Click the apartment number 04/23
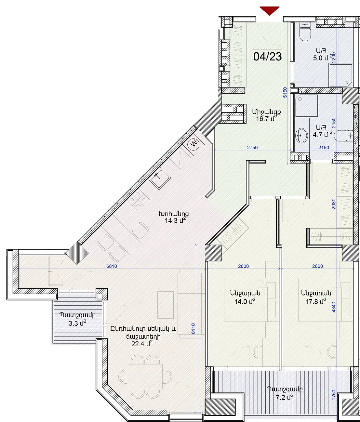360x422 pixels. pyautogui.click(x=268, y=57)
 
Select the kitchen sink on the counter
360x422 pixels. pyautogui.click(x=159, y=178)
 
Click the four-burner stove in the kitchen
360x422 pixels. pyautogui.click(x=138, y=199)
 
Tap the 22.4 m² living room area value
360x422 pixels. pyautogui.click(x=142, y=344)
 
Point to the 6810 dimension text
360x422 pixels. pyautogui.click(x=112, y=266)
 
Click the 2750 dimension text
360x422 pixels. pyautogui.click(x=252, y=147)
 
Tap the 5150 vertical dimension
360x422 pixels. pyautogui.click(x=285, y=92)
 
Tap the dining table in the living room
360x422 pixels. pyautogui.click(x=145, y=376)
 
